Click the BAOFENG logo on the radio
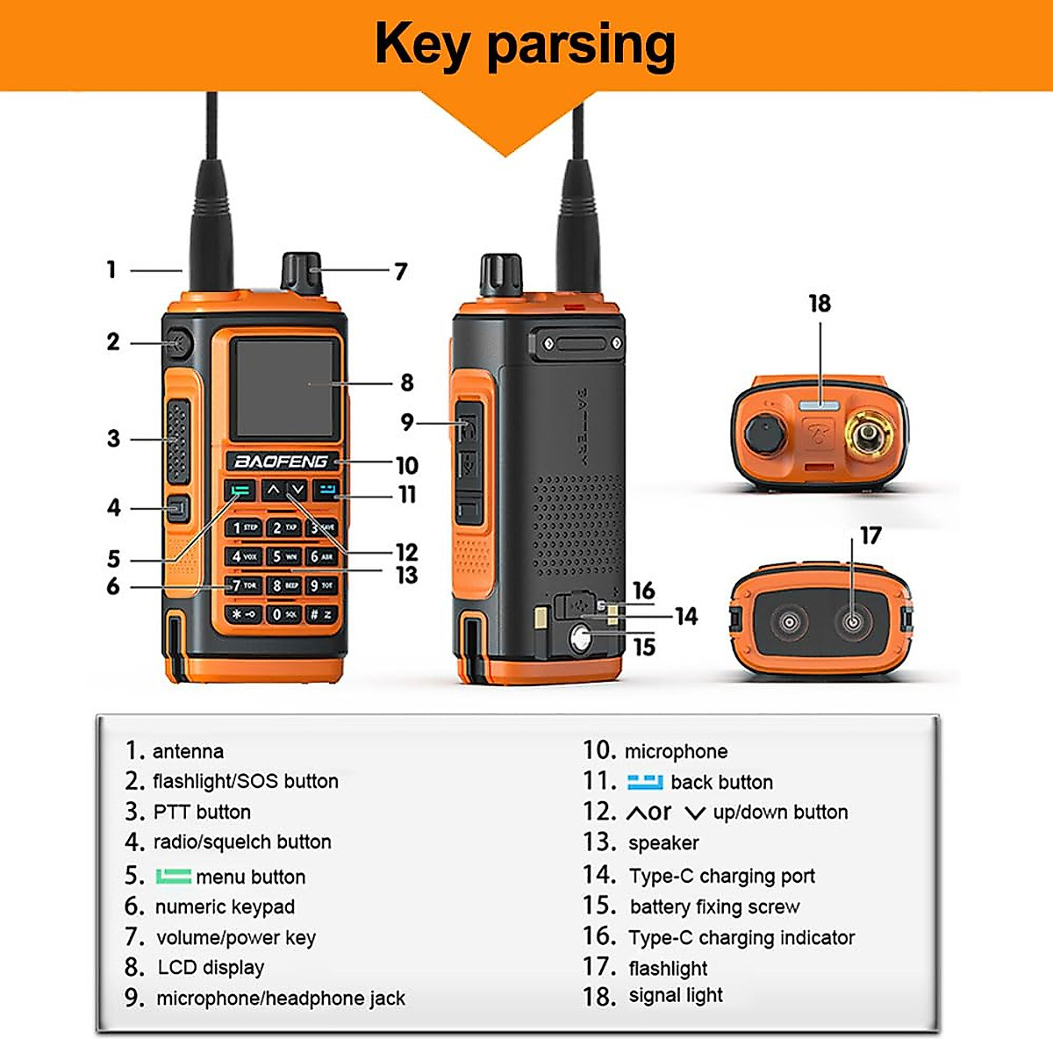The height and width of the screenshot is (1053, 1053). click(x=280, y=462)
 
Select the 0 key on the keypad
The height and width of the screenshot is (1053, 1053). click(x=283, y=614)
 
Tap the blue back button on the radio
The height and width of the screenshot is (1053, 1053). click(x=326, y=491)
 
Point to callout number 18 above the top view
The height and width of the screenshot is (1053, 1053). click(x=820, y=304)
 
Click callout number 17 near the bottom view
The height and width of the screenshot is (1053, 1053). click(x=870, y=535)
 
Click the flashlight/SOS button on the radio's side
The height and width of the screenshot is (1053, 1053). click(x=178, y=343)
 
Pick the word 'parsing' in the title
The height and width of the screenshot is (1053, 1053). click(x=581, y=46)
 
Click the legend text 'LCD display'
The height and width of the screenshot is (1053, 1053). click(x=211, y=967)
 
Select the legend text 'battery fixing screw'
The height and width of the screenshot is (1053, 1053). click(x=714, y=906)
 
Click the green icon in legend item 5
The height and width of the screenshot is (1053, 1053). click(x=173, y=876)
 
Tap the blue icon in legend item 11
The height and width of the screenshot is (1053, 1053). click(x=645, y=781)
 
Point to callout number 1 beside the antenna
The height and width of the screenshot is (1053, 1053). click(x=111, y=269)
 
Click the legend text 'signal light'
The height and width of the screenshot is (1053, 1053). click(x=676, y=995)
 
